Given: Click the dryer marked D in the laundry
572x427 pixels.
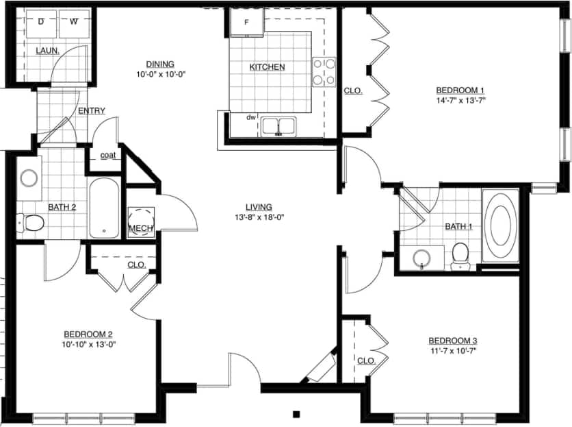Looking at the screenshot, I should click(41, 23).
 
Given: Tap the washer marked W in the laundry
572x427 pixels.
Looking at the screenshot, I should click(73, 23).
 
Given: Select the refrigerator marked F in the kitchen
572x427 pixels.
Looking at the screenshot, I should click(246, 21).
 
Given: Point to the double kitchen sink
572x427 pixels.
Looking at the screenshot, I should click(278, 126).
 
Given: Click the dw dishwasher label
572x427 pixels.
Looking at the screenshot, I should click(251, 117).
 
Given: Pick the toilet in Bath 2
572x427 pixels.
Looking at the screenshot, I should click(32, 222).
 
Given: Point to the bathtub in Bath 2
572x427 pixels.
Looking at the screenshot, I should click(105, 208).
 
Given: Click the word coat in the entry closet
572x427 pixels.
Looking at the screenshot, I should click(108, 155).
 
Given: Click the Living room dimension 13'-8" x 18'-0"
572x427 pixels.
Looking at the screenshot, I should click(259, 218).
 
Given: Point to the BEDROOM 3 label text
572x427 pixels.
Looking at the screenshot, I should click(452, 341).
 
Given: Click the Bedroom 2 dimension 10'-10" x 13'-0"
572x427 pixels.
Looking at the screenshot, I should click(88, 344).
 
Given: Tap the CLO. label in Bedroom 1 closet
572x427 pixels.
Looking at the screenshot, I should click(352, 90).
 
